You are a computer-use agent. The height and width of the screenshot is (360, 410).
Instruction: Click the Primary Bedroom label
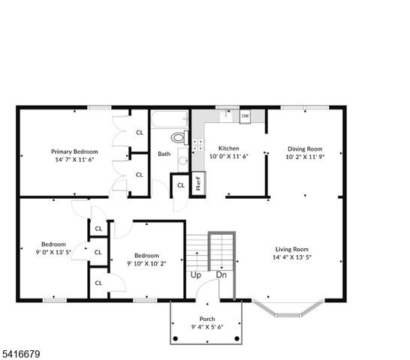(74, 151)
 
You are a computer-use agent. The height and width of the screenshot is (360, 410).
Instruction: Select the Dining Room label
(304, 148)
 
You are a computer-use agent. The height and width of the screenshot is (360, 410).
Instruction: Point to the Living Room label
(292, 250)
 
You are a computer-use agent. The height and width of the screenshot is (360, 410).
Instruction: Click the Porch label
(207, 319)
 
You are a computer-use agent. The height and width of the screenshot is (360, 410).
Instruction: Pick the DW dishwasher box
(245, 116)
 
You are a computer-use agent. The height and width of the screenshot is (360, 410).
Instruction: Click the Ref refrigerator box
(198, 183)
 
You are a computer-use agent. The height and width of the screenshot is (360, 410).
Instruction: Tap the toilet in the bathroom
(179, 137)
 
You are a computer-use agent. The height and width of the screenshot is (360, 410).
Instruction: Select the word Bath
(164, 154)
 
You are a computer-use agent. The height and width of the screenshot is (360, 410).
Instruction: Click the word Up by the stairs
(195, 275)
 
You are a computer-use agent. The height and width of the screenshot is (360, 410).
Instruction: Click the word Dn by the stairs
(222, 275)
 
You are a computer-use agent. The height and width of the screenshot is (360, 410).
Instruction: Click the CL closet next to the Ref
(181, 185)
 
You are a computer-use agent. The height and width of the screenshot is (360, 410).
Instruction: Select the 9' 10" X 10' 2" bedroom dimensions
(146, 263)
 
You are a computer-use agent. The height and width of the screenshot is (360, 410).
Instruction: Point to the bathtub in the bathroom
(170, 120)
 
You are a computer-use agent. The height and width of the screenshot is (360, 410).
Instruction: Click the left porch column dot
(176, 339)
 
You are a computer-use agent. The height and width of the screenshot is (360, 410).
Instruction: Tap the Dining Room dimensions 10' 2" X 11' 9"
(304, 157)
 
